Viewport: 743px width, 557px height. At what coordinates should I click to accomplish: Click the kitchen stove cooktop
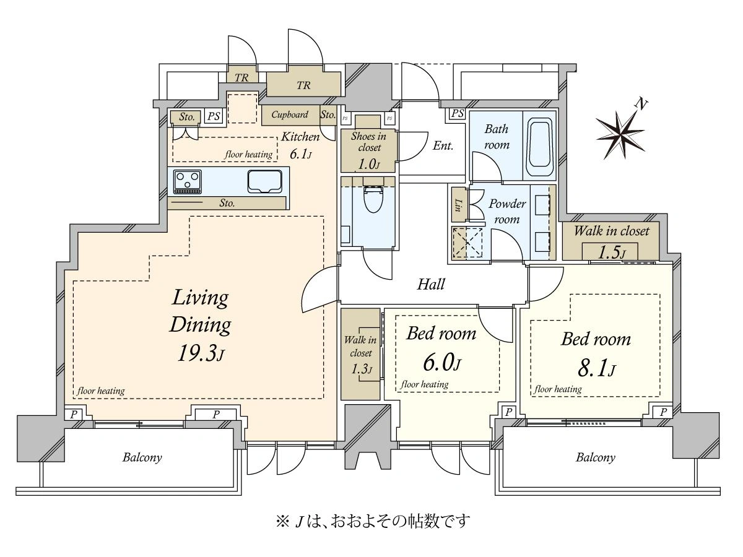(187, 181)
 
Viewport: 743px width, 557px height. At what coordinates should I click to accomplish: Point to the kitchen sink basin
(265, 181)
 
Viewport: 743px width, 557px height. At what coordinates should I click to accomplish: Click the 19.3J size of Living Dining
(201, 354)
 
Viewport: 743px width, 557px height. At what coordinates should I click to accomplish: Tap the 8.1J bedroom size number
(596, 369)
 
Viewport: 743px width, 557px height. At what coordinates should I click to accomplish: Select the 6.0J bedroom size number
(441, 363)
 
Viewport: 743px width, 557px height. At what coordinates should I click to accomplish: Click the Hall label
(430, 284)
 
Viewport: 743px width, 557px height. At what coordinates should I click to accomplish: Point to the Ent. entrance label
(443, 146)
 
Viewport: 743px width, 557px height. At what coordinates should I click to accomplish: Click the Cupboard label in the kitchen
(290, 114)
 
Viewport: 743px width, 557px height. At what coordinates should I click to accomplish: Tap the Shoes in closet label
(368, 142)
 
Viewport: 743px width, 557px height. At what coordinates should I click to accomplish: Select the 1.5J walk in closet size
(612, 253)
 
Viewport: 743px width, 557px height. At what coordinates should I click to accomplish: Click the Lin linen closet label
(458, 205)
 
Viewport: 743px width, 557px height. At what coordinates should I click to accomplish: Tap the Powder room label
(506, 212)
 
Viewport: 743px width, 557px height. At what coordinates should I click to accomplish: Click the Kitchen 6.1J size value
(300, 154)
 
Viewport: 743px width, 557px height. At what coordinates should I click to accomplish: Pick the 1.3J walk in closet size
(362, 369)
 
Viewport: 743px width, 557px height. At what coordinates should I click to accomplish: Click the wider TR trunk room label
(303, 85)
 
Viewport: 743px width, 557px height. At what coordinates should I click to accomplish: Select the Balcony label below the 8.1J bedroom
(596, 458)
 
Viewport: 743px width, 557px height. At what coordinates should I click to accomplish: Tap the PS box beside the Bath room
(458, 113)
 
